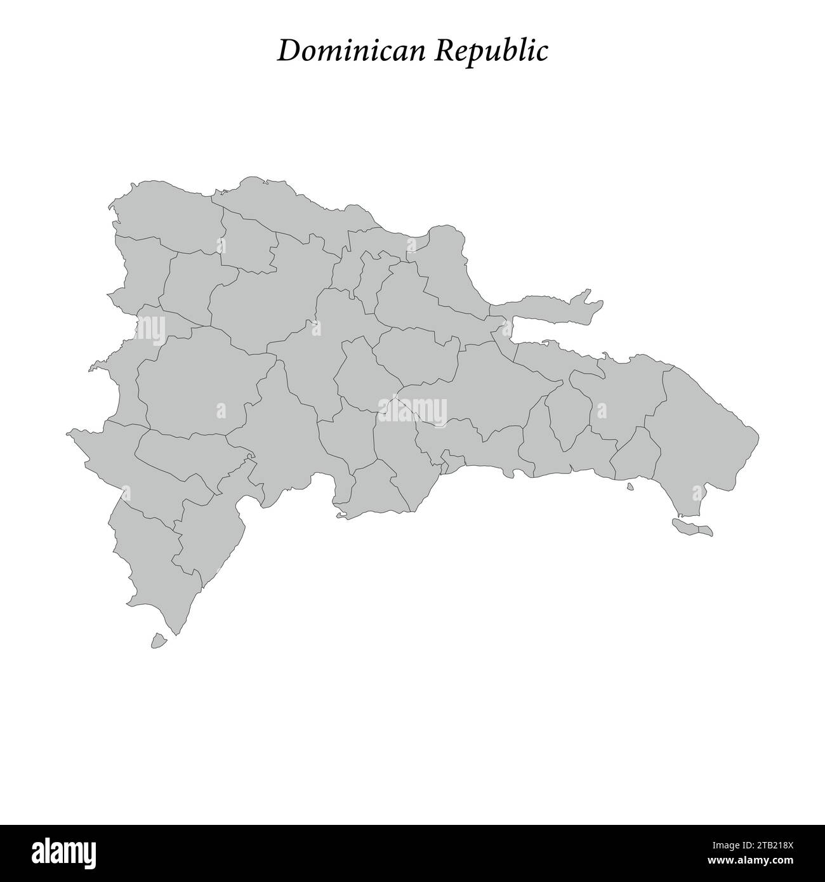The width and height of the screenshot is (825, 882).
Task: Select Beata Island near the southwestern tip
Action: click(159, 641)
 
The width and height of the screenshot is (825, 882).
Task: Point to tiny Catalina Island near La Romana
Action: click(630, 487)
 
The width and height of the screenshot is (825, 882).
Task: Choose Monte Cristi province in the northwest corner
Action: click(165, 213)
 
